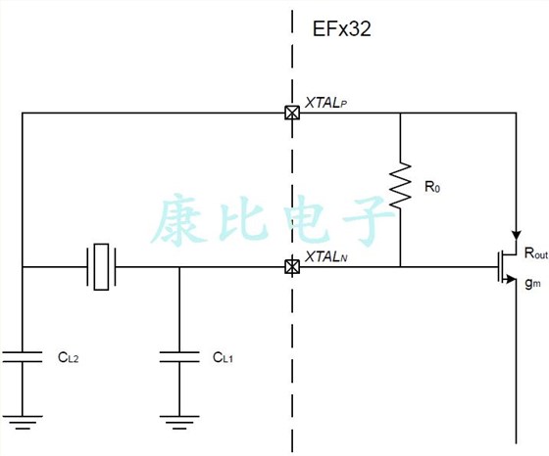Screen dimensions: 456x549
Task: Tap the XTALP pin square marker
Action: pos(291,113)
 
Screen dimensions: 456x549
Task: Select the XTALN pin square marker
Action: pos(291,266)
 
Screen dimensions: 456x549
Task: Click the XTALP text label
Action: pos(326,102)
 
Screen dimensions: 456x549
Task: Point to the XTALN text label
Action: pos(326,256)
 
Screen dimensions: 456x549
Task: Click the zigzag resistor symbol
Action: pos(400,186)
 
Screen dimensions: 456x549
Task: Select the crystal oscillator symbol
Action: pos(102,266)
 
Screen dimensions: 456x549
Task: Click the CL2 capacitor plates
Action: pos(22,354)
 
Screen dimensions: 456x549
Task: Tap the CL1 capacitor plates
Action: pos(178,354)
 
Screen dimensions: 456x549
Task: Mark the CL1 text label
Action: pos(223,358)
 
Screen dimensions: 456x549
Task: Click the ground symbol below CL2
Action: pos(22,423)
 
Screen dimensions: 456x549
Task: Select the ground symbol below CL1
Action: pos(178,423)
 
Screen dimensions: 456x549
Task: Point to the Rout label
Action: pos(535,253)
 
